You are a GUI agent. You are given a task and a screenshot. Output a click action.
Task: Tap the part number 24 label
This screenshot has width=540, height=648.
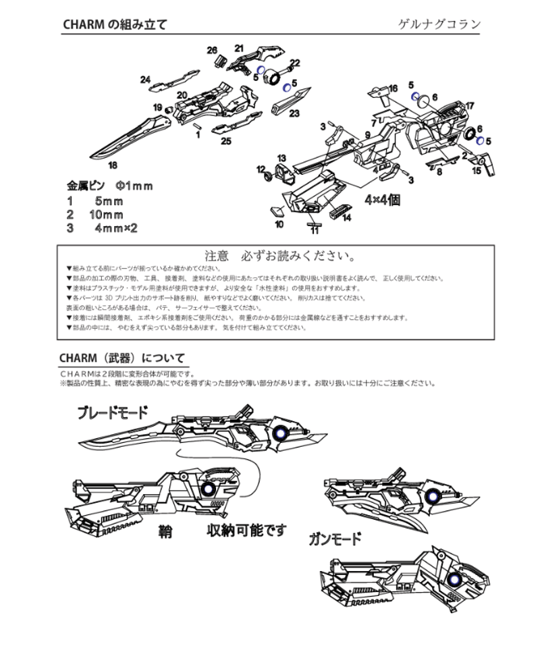click(145, 80)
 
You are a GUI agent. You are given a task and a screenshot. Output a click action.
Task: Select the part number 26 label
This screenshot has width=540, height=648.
click(212, 51)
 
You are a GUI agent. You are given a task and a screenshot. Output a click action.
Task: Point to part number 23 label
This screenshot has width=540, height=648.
click(294, 113)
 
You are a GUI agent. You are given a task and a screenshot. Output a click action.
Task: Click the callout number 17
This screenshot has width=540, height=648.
click(470, 105)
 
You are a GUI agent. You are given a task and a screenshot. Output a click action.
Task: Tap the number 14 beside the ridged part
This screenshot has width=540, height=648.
click(346, 218)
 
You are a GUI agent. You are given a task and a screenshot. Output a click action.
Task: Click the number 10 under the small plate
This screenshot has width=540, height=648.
click(279, 224)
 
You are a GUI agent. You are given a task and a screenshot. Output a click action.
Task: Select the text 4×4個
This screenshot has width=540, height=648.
click(383, 200)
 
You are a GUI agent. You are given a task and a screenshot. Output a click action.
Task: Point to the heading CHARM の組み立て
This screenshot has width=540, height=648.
click(115, 25)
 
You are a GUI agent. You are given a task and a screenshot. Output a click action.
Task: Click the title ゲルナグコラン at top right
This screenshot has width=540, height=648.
click(439, 25)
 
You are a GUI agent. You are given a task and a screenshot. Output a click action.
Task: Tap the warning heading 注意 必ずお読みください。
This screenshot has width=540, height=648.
click(279, 257)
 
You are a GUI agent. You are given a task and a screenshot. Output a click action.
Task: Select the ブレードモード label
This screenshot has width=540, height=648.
click(112, 412)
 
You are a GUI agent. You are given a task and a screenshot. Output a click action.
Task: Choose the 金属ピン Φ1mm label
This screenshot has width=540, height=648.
click(110, 185)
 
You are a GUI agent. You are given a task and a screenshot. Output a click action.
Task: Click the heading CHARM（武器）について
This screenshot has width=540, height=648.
click(122, 358)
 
